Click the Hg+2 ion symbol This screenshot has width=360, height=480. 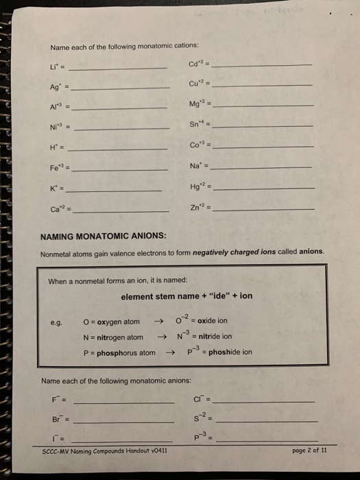coord(196,187)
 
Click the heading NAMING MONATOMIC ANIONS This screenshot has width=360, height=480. coord(104,236)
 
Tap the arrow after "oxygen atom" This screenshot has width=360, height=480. coord(159,321)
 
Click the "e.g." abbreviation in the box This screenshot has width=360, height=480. coord(56,322)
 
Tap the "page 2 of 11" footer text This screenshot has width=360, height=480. coord(310,450)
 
